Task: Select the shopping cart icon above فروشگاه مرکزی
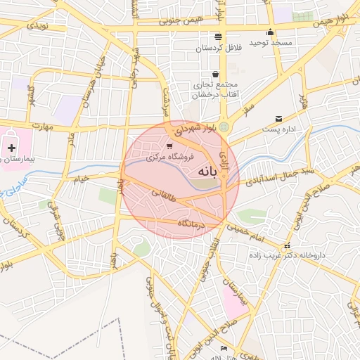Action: click(169, 146)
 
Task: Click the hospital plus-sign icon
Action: click(12, 148)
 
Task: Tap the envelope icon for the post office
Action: click(279, 118)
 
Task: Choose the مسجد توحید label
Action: click(271, 44)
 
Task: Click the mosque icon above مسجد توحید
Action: click(271, 32)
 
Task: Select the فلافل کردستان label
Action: click(217, 48)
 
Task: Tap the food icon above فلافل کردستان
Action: click(218, 36)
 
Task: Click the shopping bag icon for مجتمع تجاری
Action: click(215, 74)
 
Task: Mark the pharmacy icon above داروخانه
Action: click(286, 246)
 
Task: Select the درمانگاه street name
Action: click(191, 224)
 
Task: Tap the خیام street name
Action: click(81, 179)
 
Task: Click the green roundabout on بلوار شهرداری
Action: click(224, 127)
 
